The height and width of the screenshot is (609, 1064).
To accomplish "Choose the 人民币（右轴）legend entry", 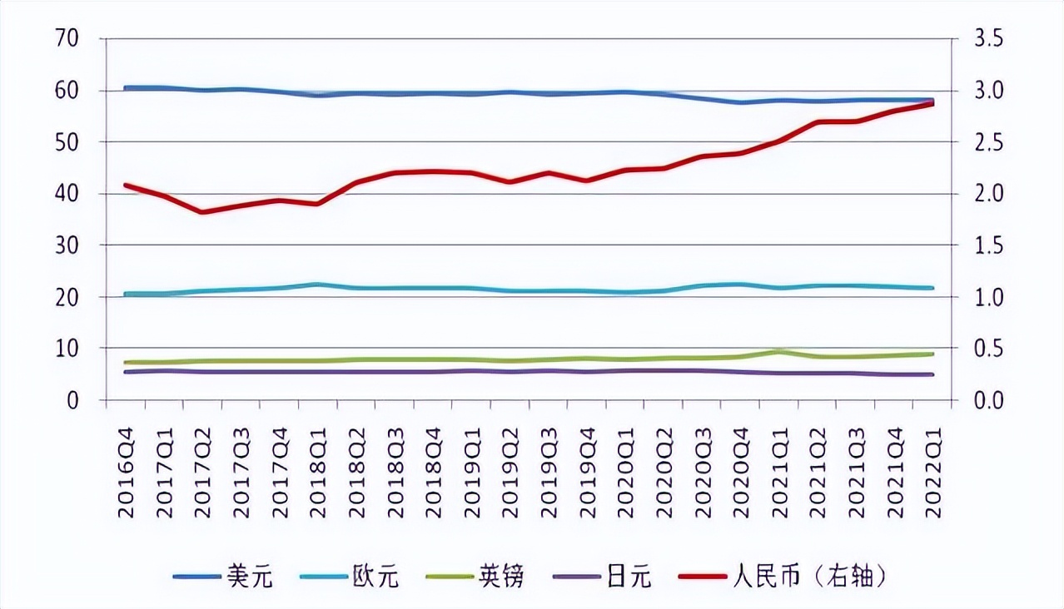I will pyautogui.click(x=787, y=576).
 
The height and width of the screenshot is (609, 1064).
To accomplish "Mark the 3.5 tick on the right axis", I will pyautogui.click(x=983, y=39).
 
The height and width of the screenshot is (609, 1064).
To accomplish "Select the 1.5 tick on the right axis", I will pyautogui.click(x=983, y=245).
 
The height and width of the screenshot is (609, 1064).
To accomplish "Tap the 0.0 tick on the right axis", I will pyautogui.click(x=983, y=400).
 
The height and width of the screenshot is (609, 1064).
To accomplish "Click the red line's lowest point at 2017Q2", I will pyautogui.click(x=202, y=212).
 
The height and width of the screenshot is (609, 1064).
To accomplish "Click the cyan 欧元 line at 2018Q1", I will pyautogui.click(x=317, y=285).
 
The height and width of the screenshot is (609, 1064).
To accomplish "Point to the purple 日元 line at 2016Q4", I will pyautogui.click(x=126, y=372).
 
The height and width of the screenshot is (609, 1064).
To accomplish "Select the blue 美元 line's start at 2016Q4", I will pyautogui.click(x=126, y=87).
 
